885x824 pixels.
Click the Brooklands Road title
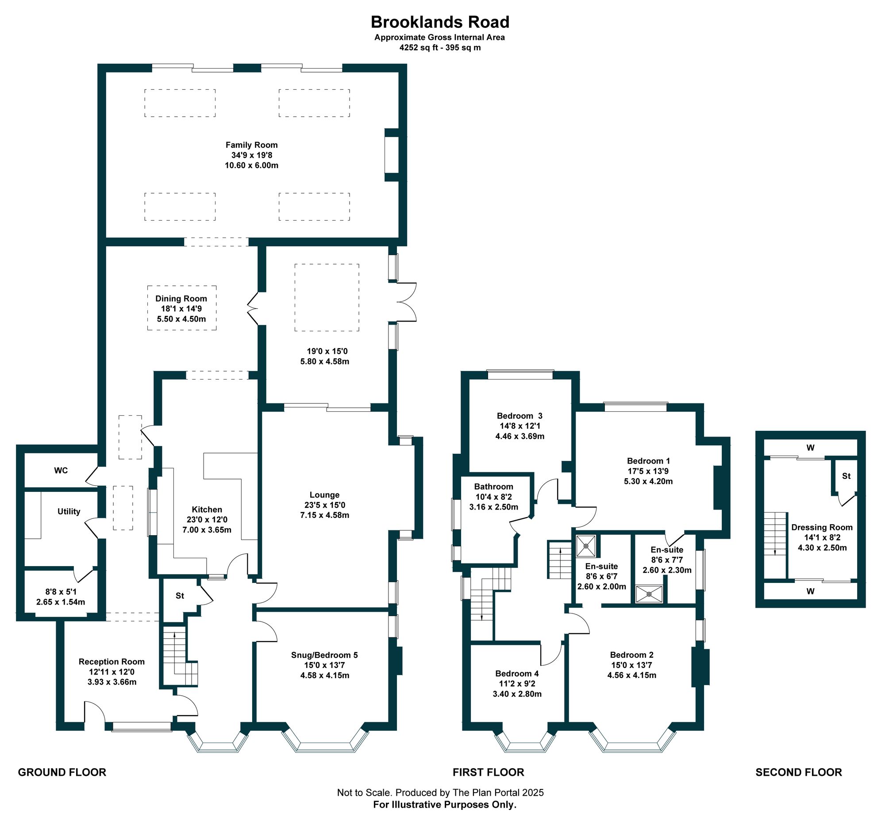click(440, 22)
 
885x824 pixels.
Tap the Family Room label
click(251, 145)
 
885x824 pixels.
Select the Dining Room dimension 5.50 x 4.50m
click(181, 319)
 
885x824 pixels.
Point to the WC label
click(61, 471)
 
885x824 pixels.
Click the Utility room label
click(69, 512)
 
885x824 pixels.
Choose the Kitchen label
click(207, 510)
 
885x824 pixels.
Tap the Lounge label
click(324, 495)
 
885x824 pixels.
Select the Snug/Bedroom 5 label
click(324, 655)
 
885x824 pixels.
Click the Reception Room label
click(112, 662)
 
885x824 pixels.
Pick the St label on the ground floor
click(180, 596)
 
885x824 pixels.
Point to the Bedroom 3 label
click(519, 416)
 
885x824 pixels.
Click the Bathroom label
click(494, 487)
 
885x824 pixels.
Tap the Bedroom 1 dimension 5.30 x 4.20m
click(648, 481)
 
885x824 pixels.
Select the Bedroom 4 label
click(517, 674)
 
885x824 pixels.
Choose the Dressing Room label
click(822, 528)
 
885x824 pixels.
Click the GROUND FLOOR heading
click(62, 772)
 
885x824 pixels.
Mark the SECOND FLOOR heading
click(799, 772)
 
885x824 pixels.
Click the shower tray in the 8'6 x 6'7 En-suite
click(585, 546)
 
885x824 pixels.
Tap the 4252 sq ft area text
click(419, 48)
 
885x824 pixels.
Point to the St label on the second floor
click(846, 476)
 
